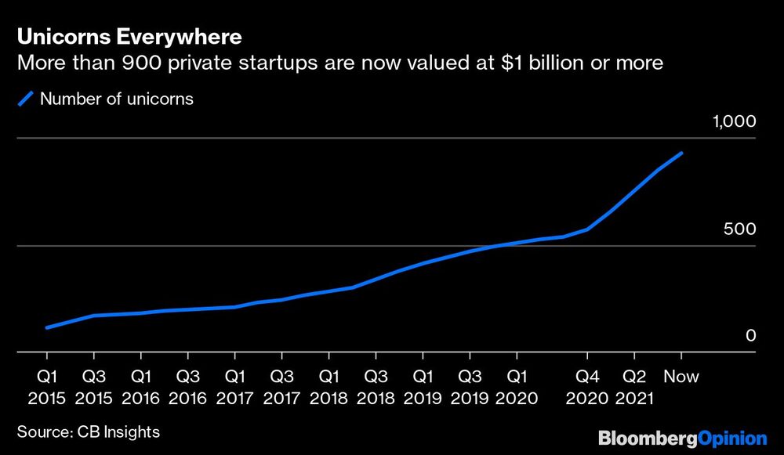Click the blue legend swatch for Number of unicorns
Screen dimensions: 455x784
click(x=26, y=99)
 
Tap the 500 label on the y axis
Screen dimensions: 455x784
click(x=741, y=229)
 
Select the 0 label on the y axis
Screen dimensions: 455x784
click(x=750, y=335)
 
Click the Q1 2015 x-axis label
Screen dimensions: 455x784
click(x=48, y=387)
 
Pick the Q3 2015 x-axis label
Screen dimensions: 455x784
click(x=95, y=387)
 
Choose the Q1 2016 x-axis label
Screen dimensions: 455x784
click(x=141, y=387)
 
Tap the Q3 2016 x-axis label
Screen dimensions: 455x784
click(x=188, y=387)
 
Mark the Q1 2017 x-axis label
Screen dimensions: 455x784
click(x=235, y=387)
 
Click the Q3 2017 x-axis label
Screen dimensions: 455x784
click(x=282, y=387)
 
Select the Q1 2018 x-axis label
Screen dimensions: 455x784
click(x=329, y=387)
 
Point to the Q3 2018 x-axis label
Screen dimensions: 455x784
click(x=376, y=387)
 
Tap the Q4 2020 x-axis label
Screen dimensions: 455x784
click(x=588, y=387)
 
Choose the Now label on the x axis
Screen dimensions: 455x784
click(x=681, y=377)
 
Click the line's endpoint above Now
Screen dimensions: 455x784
click(x=681, y=153)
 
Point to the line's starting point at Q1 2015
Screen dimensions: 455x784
click(x=48, y=327)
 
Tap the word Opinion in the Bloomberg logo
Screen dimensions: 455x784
click(x=731, y=437)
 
